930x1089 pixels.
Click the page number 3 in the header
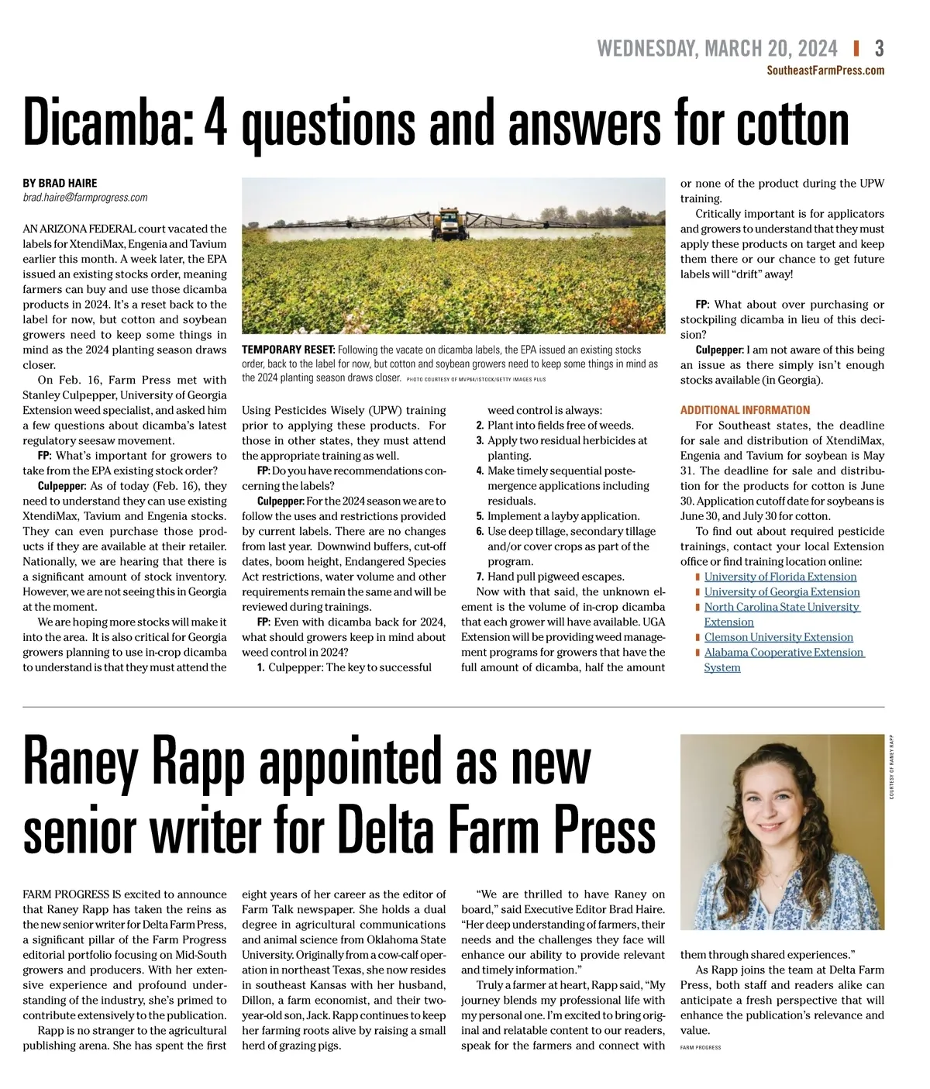pos(879,49)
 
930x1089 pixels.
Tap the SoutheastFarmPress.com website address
pos(825,71)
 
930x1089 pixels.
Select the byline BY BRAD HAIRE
pos(60,183)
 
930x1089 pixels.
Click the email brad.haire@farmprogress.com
pos(84,198)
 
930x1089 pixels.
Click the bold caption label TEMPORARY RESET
pos(288,350)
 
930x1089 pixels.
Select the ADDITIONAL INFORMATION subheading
pos(745,410)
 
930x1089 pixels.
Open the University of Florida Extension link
pos(780,577)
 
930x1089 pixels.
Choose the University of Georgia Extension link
pos(781,591)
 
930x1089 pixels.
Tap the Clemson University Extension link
pos(778,637)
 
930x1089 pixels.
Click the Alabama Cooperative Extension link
pos(783,653)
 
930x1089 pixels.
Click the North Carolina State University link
pos(781,607)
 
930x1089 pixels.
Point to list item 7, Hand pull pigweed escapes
pos(555,577)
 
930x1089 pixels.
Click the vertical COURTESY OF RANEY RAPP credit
pos(891,767)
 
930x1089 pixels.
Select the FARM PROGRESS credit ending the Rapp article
pos(700,1047)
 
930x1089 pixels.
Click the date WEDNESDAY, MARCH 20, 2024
pos(717,49)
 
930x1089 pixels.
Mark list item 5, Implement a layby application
pos(563,516)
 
